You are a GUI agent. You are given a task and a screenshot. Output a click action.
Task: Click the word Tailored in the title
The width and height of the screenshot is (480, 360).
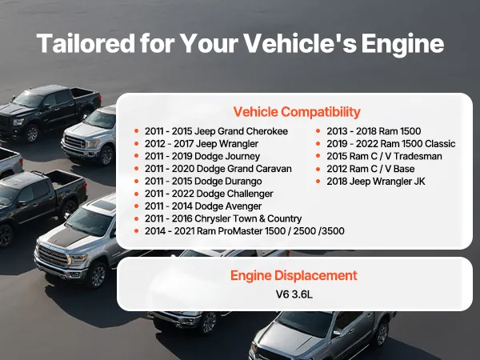[x=86, y=43]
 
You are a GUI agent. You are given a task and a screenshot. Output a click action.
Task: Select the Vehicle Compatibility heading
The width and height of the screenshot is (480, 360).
[x=297, y=112]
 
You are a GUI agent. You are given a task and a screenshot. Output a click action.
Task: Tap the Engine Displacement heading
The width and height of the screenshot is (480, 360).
[x=294, y=275]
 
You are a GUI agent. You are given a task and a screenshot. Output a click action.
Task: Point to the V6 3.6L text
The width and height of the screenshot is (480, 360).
[x=294, y=294]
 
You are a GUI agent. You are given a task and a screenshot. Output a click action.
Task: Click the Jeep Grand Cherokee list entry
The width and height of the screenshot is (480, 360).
[x=216, y=131]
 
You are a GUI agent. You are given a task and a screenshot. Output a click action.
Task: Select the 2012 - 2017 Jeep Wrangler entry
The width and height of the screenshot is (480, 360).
[x=202, y=144]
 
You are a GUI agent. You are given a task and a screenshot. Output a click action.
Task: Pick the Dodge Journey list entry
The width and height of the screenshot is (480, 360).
[x=202, y=157]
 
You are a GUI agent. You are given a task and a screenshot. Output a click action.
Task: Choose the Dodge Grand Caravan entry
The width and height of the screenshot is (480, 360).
[x=218, y=169]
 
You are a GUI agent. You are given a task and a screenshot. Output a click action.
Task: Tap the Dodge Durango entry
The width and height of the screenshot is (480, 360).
[x=203, y=182]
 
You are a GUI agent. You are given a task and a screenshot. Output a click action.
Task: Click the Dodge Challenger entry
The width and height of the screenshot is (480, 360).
[x=209, y=194]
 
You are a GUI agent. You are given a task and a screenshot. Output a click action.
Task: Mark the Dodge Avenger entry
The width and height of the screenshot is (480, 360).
[x=203, y=206]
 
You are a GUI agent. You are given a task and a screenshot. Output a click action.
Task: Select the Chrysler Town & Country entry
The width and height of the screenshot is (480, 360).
[x=223, y=218]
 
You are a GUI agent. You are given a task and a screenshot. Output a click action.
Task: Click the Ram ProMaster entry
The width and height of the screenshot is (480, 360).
[x=245, y=231]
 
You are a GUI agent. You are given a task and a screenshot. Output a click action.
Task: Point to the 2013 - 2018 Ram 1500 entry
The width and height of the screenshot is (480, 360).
[x=374, y=131]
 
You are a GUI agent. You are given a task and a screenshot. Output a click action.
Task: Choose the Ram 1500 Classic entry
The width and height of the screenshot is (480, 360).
[x=391, y=144]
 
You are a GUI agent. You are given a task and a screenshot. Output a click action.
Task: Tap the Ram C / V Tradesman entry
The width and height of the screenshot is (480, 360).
[x=384, y=157]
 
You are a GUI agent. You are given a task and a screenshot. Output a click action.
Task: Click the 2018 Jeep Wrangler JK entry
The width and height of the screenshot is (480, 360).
[x=376, y=182]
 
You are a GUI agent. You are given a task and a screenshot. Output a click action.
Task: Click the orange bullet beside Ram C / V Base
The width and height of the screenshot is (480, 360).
[x=318, y=169]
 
